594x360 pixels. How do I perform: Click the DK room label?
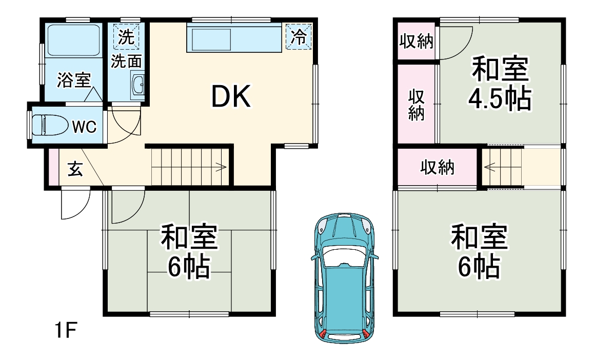pyautogui.click(x=231, y=97)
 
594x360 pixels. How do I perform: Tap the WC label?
pyautogui.click(x=84, y=127)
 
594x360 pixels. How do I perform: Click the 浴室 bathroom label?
pyautogui.click(x=74, y=80)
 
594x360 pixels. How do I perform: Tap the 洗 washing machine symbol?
pyautogui.click(x=124, y=36)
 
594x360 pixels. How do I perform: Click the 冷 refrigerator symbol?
pyautogui.click(x=298, y=36)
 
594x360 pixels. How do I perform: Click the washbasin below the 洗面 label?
pyautogui.click(x=138, y=85)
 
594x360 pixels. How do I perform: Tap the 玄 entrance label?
pyautogui.click(x=75, y=169)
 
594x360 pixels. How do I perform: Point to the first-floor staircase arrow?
pyautogui.click(x=221, y=166)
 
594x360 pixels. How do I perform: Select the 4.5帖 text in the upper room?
pyautogui.click(x=499, y=98)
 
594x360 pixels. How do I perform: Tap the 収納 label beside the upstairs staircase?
pyautogui.click(x=438, y=167)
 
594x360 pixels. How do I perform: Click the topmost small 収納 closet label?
pyautogui.click(x=416, y=42)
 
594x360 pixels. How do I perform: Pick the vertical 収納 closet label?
pyautogui.click(x=416, y=105)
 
